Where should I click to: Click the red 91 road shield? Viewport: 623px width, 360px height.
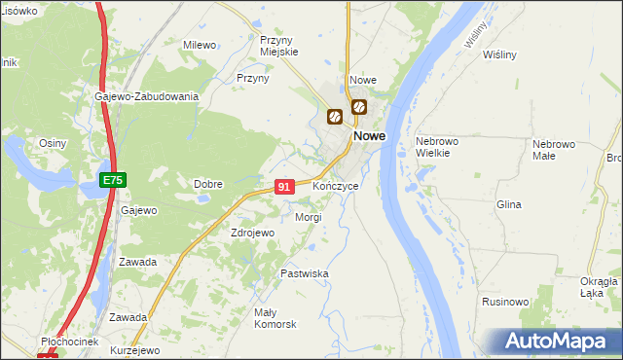point(284,187)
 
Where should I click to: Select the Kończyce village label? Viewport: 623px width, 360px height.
point(336,185)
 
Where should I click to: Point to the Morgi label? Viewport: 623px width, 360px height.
point(308,217)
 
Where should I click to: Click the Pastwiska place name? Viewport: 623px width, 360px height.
point(305,274)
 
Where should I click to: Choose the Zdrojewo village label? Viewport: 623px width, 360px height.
point(253,234)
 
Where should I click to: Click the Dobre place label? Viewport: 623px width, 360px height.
point(208,184)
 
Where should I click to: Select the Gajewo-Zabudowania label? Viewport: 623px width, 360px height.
point(147,96)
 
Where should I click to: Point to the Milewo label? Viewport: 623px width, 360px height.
point(200,45)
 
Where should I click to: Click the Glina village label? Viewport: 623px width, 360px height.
point(509,205)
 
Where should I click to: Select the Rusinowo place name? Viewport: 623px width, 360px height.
point(503,303)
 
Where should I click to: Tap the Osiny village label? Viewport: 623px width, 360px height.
point(52,143)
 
